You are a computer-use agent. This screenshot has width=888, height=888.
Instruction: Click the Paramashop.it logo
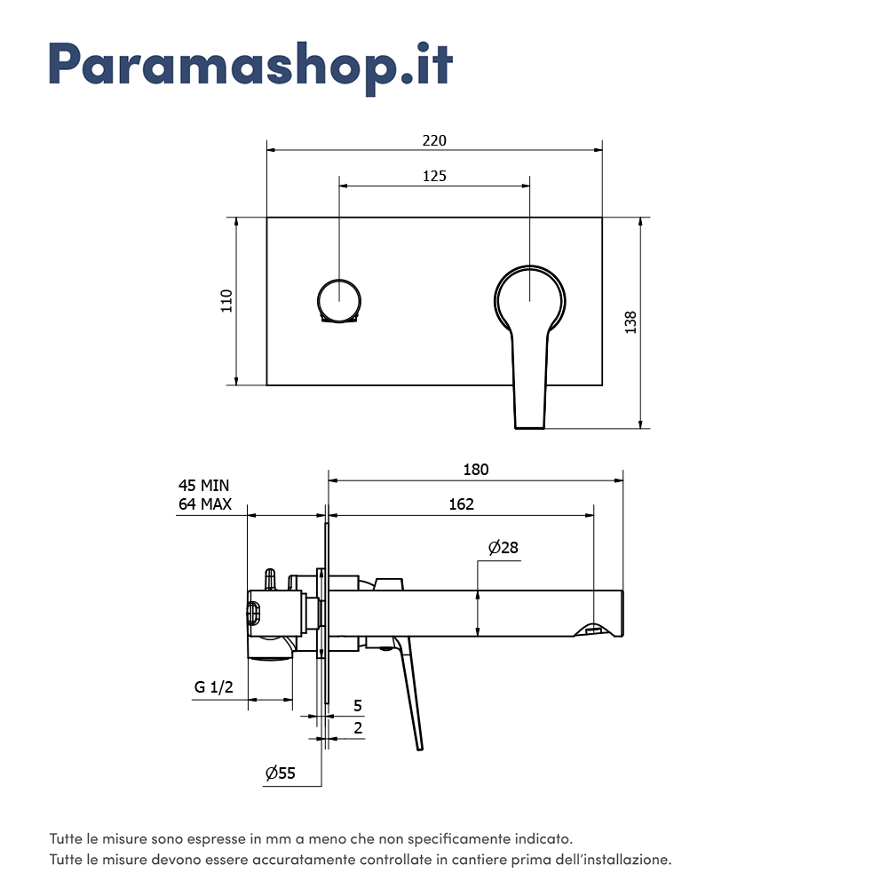[x=251, y=67]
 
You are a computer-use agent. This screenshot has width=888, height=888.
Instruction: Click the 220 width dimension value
[x=434, y=140]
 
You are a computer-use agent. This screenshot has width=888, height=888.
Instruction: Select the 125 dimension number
[x=434, y=176]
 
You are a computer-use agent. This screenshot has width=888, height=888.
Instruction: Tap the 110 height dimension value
[x=226, y=301]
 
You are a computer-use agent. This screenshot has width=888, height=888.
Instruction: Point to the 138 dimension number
[x=630, y=322]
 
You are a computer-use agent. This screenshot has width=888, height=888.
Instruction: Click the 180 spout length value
[x=476, y=470]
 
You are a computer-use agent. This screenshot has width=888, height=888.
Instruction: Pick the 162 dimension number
[x=461, y=504]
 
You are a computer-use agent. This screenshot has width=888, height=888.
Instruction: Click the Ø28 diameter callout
[x=503, y=547]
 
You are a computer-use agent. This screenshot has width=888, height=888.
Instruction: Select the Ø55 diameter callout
[x=281, y=773]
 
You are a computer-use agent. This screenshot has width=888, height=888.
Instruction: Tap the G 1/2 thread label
[x=213, y=687]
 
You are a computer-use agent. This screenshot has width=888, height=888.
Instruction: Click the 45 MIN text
[x=204, y=486]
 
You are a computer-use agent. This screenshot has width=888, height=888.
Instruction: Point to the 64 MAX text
[x=205, y=504]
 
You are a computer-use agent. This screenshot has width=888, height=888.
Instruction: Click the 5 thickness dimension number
[x=357, y=706]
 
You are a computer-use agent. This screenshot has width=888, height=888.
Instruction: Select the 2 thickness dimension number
[x=358, y=728]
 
